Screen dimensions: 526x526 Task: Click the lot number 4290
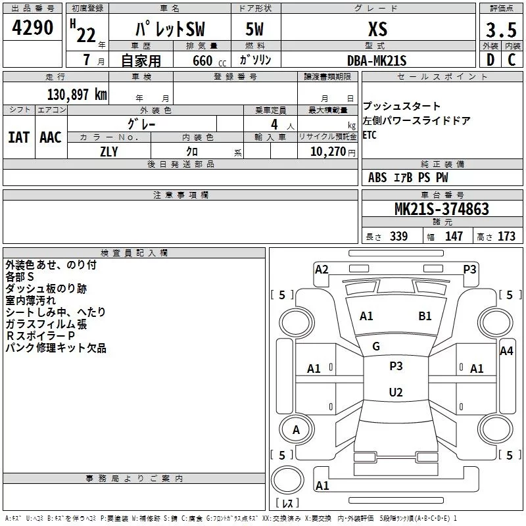pyautogui.click(x=33, y=28)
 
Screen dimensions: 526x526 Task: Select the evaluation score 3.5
pyautogui.click(x=500, y=30)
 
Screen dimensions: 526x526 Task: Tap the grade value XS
pyautogui.click(x=377, y=29)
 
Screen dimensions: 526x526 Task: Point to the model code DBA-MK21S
pyautogui.click(x=377, y=60)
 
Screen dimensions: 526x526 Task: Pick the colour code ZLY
pyautogui.click(x=109, y=151)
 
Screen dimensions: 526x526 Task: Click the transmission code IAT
pyautogui.click(x=18, y=137)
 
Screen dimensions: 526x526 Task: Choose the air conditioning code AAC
pyautogui.click(x=51, y=137)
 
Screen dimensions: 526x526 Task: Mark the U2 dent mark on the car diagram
pyautogui.click(x=395, y=393)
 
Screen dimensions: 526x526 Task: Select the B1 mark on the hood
pyautogui.click(x=425, y=316)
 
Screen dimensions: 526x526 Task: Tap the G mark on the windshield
pyautogui.click(x=376, y=347)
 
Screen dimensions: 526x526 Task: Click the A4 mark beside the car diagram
pyautogui.click(x=506, y=351)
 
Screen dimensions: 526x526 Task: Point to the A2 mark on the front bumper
pyautogui.click(x=322, y=269)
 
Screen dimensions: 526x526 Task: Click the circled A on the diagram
pyautogui.click(x=296, y=430)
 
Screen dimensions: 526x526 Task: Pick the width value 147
pyautogui.click(x=454, y=236)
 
